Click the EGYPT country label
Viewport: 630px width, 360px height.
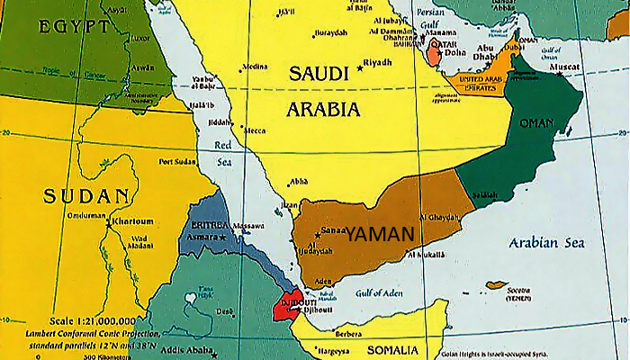(x=73, y=27)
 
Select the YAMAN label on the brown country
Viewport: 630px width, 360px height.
(x=382, y=233)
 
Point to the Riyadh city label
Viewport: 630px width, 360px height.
(x=377, y=62)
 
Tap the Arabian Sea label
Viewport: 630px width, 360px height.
(x=546, y=243)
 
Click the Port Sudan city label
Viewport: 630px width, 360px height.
(x=177, y=162)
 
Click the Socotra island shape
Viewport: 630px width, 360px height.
(x=497, y=285)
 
